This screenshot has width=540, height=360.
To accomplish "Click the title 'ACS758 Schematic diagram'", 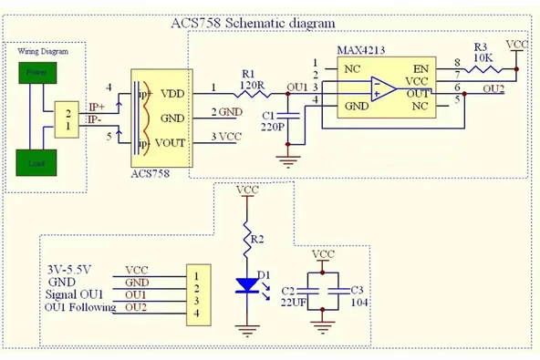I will (253, 23).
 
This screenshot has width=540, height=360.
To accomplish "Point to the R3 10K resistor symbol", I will (483, 66).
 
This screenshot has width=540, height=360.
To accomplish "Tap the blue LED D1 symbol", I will (246, 286).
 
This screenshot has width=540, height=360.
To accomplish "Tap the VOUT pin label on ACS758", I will (173, 143).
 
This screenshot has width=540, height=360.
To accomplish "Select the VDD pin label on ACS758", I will (172, 92).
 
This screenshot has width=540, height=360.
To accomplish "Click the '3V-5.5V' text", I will (68, 271).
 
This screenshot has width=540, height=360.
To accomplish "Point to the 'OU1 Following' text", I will (80, 307).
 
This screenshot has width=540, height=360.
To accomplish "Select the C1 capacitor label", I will (268, 114).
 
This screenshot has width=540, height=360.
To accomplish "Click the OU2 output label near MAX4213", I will (493, 87).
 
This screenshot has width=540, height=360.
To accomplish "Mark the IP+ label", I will (96, 107).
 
